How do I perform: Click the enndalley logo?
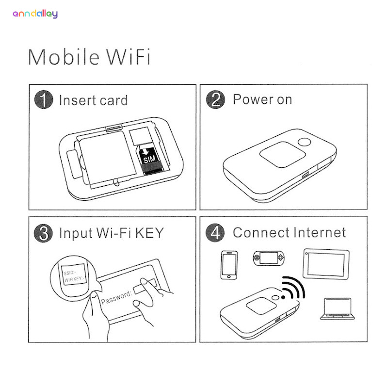tap(35, 14)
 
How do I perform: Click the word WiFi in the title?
tap(128, 57)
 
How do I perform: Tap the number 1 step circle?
tap(44, 99)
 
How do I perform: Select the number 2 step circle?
tap(215, 99)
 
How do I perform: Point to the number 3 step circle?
tap(43, 233)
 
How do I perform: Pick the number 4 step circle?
tap(215, 233)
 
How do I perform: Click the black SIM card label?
tap(149, 160)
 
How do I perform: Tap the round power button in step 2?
tap(305, 142)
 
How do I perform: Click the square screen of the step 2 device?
tap(282, 154)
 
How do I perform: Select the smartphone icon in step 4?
tap(229, 265)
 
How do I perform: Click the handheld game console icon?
tap(269, 258)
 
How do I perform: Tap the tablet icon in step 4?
tap(326, 264)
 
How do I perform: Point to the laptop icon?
tap(337, 309)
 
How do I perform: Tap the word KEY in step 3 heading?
tap(150, 233)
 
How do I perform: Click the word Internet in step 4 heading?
tap(320, 233)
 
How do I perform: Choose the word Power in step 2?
tap(253, 99)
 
